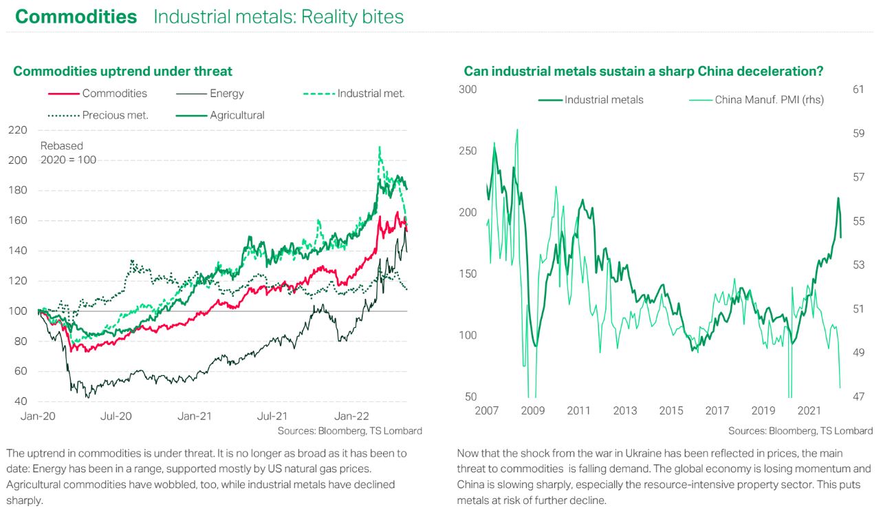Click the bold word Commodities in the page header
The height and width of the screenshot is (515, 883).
tap(76, 17)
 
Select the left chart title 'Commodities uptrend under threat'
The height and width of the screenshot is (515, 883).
tap(122, 71)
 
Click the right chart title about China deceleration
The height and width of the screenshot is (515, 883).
tap(644, 71)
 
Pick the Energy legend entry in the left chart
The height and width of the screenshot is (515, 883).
tap(226, 94)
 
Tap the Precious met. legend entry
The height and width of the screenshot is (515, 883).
tap(116, 115)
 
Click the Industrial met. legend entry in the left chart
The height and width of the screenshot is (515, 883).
tap(371, 94)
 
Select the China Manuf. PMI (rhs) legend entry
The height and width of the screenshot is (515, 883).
tap(769, 100)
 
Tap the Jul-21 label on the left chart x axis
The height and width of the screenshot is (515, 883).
tap(272, 416)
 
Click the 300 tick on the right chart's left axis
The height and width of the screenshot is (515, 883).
tap(467, 89)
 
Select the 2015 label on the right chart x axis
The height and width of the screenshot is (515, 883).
tap(671, 411)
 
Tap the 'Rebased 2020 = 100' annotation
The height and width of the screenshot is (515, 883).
tap(68, 153)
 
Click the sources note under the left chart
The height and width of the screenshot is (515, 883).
tap(349, 431)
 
